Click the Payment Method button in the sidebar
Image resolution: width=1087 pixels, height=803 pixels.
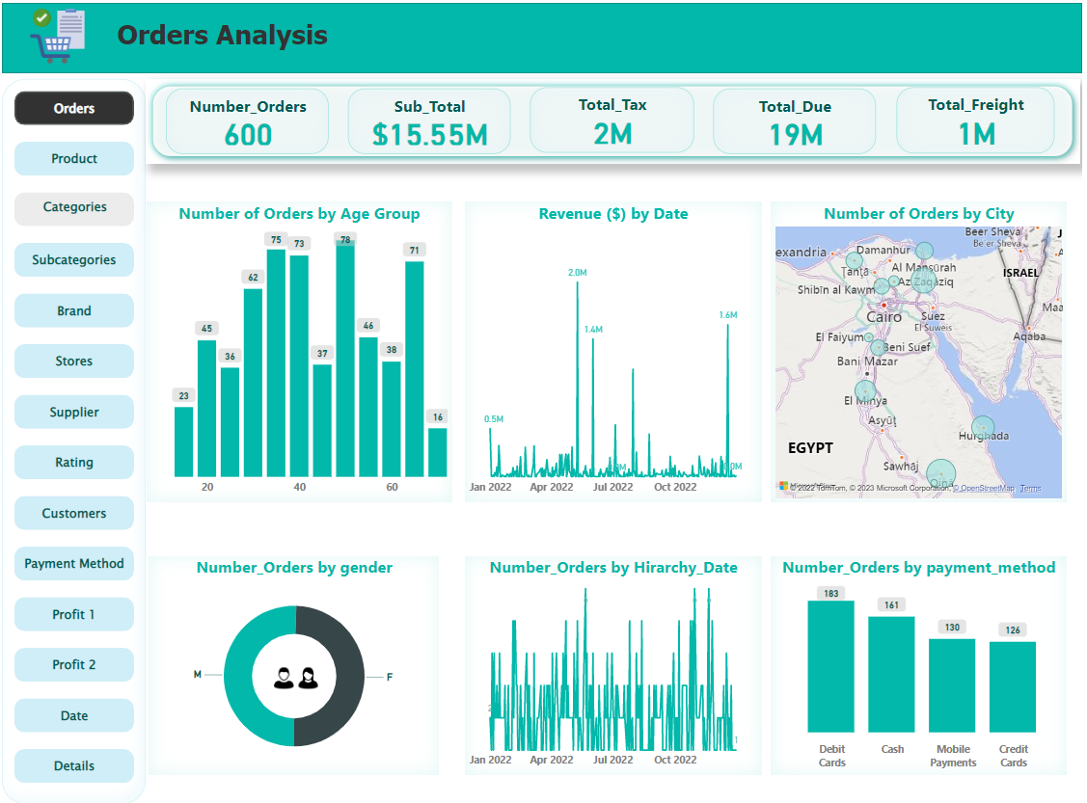tap(74, 564)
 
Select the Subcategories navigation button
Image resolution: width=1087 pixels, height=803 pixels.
tap(74, 260)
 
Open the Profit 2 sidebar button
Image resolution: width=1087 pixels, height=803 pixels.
tap(74, 665)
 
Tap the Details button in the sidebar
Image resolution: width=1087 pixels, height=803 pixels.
tap(74, 766)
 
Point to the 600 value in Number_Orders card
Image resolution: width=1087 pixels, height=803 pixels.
tap(248, 135)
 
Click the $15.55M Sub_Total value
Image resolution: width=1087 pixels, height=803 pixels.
tap(430, 135)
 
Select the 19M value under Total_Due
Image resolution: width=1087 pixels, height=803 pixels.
tap(796, 135)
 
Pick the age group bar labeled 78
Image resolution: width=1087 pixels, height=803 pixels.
tap(345, 361)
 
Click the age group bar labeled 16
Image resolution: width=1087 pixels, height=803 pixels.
tap(438, 452)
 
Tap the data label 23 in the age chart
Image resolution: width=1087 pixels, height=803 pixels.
tap(183, 395)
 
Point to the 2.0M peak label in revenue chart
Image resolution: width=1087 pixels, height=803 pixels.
tap(577, 273)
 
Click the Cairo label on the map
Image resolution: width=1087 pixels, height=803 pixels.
tap(884, 317)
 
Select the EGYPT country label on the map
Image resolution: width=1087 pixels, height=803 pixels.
tap(810, 448)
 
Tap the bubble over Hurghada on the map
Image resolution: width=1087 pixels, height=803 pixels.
tap(983, 427)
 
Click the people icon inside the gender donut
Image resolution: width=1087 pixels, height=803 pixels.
tap(295, 678)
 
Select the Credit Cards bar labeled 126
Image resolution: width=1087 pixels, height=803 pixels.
tap(1013, 687)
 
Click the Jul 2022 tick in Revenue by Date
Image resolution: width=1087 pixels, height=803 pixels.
tap(612, 488)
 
